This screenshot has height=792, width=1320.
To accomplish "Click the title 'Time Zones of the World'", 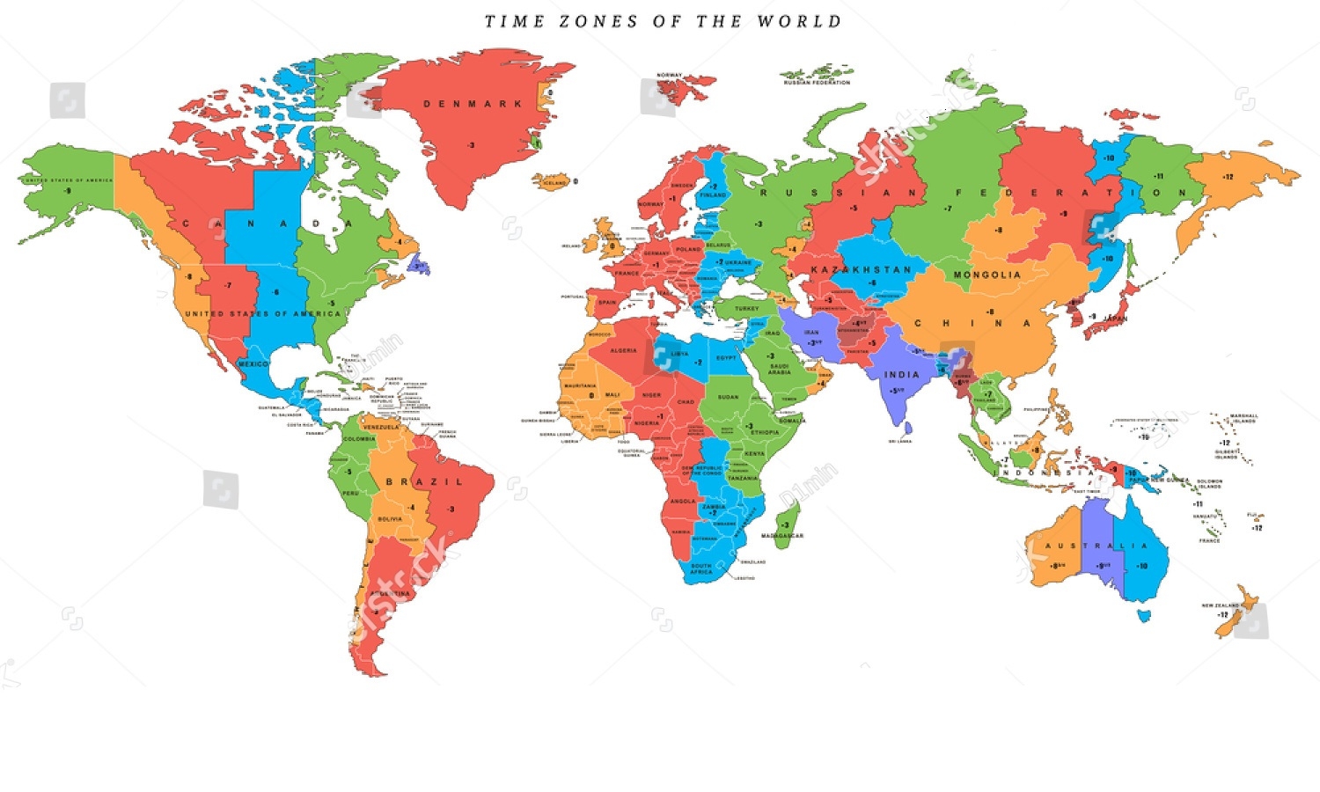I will click(x=663, y=21).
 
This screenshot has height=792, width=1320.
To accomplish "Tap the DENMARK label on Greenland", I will click(x=473, y=104).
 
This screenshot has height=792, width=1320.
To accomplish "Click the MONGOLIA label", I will click(x=987, y=275).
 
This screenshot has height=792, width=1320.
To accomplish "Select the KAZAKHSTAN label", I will click(x=861, y=269).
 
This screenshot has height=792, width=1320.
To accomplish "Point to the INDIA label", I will click(x=901, y=375).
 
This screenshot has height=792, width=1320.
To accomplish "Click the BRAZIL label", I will click(x=424, y=482).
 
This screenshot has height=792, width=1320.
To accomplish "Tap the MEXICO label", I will click(x=253, y=364).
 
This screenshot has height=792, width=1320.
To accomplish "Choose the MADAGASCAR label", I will click(x=781, y=536).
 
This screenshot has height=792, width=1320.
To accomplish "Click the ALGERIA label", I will click(x=623, y=350).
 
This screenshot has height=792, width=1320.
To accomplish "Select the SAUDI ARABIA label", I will click(x=779, y=369).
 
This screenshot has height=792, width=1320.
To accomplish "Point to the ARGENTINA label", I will click(x=390, y=593).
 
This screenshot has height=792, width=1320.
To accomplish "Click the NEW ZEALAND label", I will click(x=1220, y=605).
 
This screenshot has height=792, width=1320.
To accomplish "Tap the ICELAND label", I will click(x=554, y=183).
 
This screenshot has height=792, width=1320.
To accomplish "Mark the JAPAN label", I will click(x=1114, y=319).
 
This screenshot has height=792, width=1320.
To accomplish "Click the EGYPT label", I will click(x=726, y=358).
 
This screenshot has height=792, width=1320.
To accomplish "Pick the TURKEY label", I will click(x=746, y=309).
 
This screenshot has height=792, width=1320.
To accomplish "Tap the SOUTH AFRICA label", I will click(x=701, y=568).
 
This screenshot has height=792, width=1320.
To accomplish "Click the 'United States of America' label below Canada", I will click(x=262, y=314).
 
